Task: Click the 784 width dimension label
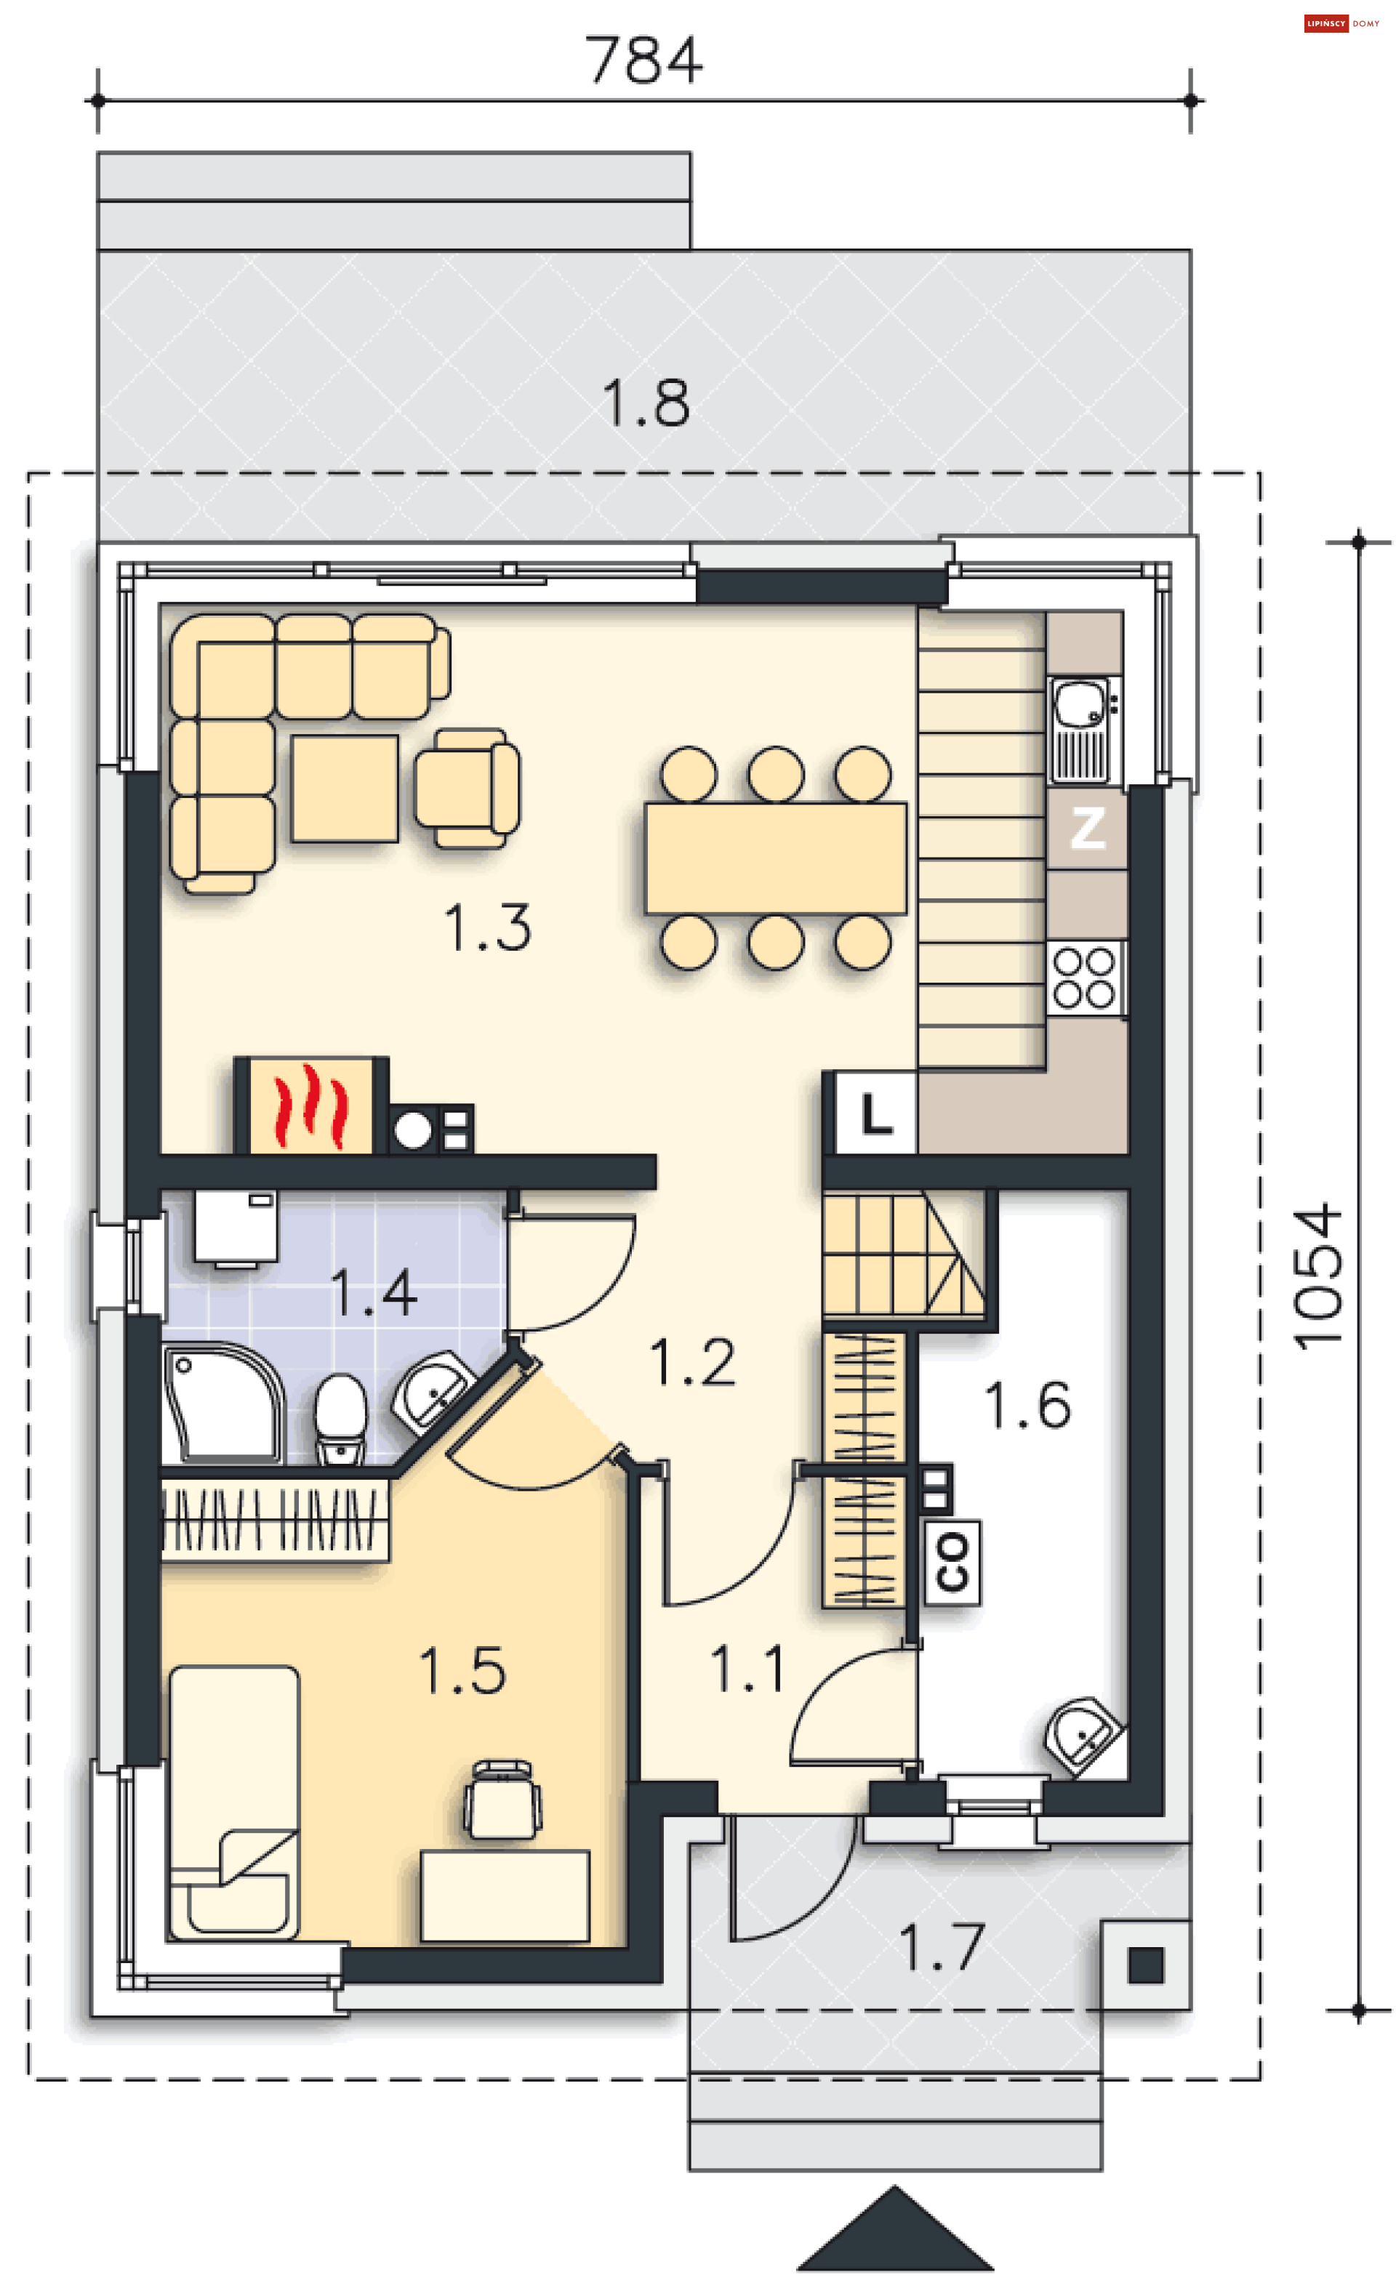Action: point(643,60)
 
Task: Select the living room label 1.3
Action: point(487,927)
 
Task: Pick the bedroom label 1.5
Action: point(462,1671)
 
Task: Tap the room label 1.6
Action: point(1027,1405)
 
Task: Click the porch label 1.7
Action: point(941,1947)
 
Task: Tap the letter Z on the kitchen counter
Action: point(1088,828)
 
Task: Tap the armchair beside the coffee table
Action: point(468,787)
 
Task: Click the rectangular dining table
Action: point(776,858)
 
